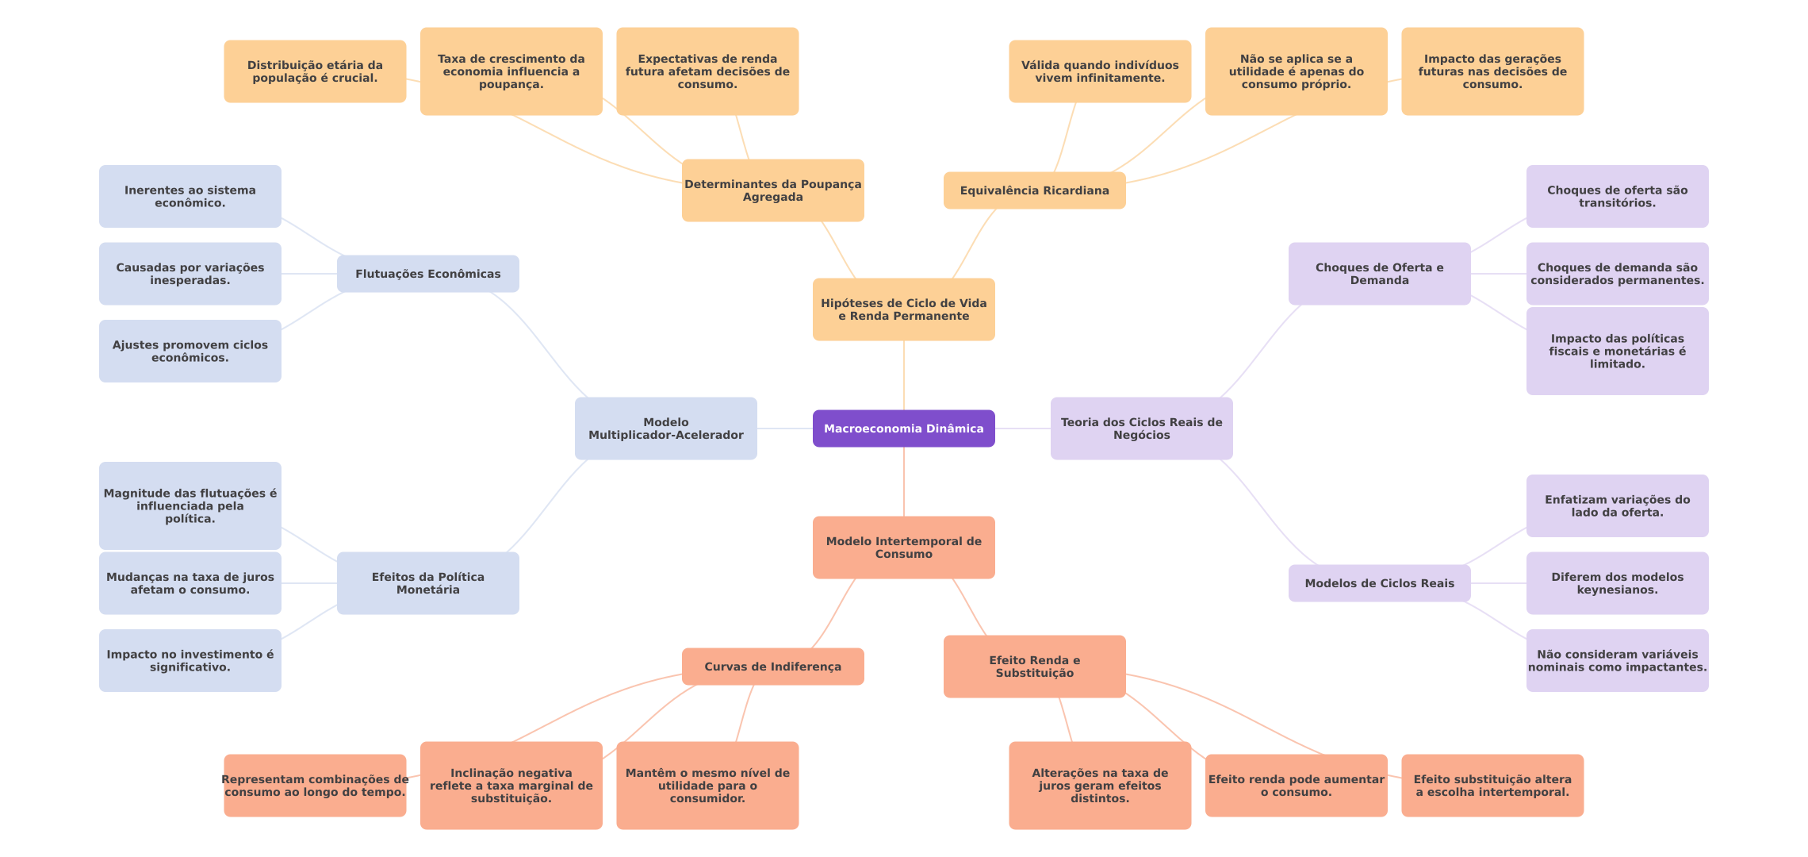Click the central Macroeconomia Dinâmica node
(x=903, y=428)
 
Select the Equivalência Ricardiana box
(x=1034, y=190)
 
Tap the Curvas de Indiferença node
(x=772, y=667)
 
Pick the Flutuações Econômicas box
(x=427, y=274)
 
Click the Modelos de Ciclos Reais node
(x=1379, y=583)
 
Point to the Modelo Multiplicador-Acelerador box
(x=665, y=428)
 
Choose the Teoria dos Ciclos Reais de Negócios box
(x=1141, y=428)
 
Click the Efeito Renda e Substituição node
(x=1034, y=667)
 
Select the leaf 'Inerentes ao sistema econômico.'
(x=190, y=196)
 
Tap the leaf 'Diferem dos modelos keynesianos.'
(x=1617, y=583)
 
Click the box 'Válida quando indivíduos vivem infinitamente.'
(x=1099, y=71)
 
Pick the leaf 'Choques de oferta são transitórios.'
(x=1617, y=196)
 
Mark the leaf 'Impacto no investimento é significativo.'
(x=190, y=660)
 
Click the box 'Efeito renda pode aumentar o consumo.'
(x=1296, y=786)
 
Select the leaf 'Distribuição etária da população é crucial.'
(x=315, y=71)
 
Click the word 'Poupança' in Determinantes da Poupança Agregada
(x=831, y=184)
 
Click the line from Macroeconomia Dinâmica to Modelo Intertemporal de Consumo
(x=904, y=482)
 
